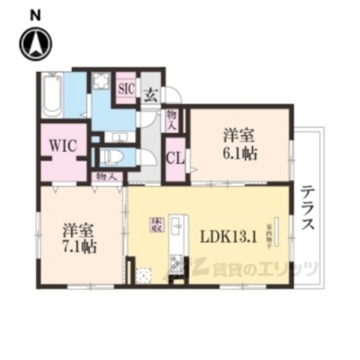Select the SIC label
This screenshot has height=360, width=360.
coord(126,89)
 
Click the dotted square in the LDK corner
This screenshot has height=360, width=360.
coord(144,275)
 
